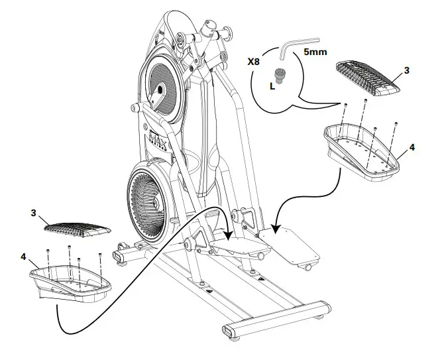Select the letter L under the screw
tap(273, 86)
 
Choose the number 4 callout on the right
tap(412, 147)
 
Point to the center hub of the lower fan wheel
tap(147, 200)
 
